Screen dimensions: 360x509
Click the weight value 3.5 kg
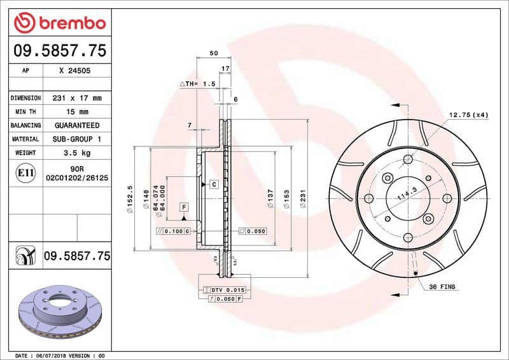76,153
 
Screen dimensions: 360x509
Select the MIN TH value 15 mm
76,112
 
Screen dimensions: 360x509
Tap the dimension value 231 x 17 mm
76,99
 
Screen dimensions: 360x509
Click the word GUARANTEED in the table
76,126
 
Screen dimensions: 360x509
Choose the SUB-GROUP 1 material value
76,139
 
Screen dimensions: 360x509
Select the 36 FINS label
443,287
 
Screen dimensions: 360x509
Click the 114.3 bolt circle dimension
401,194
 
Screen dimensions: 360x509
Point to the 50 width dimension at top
213,53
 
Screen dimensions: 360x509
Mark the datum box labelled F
184,207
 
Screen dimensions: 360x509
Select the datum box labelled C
214,184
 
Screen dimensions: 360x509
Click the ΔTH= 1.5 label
198,83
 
